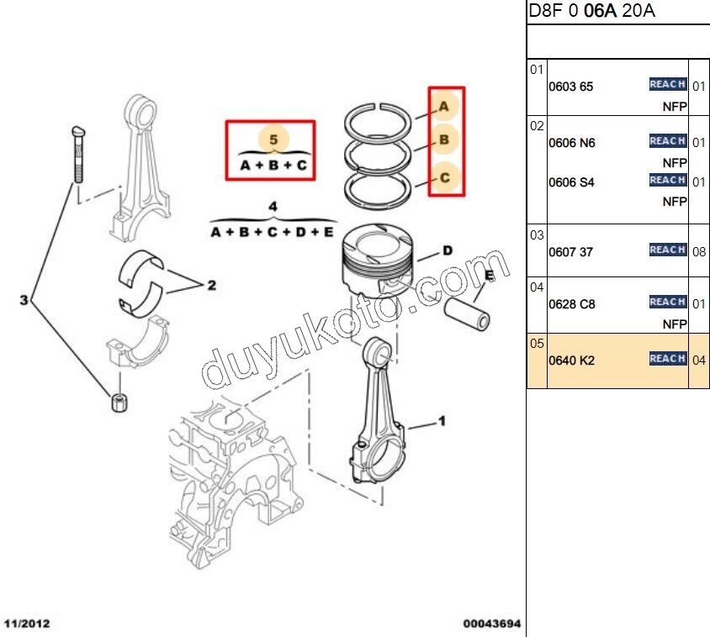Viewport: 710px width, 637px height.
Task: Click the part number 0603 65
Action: (x=570, y=87)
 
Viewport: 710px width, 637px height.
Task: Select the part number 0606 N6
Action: (x=571, y=143)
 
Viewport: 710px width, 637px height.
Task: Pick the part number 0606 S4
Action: (x=571, y=182)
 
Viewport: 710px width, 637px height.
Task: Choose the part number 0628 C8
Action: (x=571, y=304)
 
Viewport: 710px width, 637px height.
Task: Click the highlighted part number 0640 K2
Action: (x=571, y=361)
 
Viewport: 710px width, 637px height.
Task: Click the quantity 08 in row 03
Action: (x=699, y=251)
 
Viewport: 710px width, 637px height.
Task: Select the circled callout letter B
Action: (x=444, y=140)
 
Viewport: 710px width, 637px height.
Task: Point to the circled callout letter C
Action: (x=444, y=177)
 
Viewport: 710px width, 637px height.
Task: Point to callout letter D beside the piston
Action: (x=448, y=250)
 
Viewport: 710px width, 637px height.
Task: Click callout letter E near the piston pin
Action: (x=488, y=275)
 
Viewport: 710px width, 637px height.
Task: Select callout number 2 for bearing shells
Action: (x=211, y=286)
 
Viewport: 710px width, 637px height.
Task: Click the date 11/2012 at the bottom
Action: (x=28, y=624)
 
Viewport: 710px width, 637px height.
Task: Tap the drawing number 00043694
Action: (x=491, y=624)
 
